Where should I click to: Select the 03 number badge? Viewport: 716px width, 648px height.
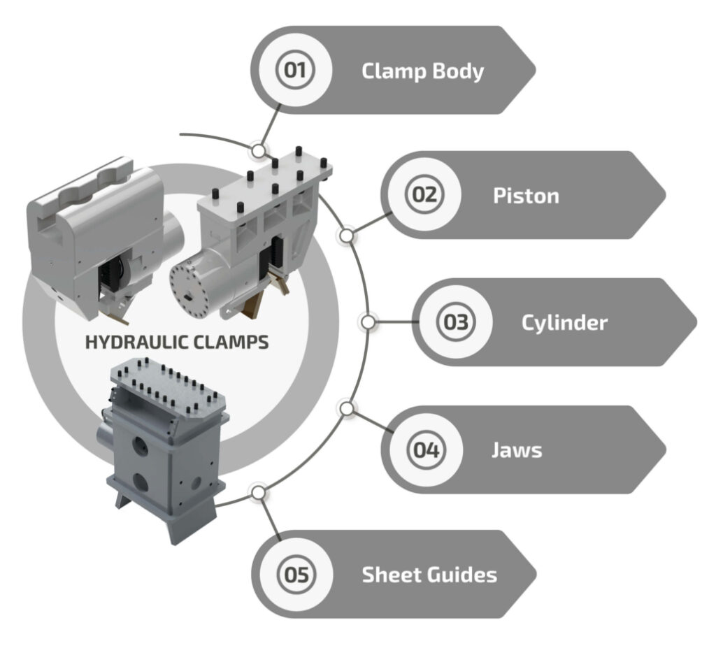pyautogui.click(x=455, y=322)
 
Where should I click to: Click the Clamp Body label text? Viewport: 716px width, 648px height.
pyautogui.click(x=422, y=71)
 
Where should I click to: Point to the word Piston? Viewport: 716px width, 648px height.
pyautogui.click(x=526, y=195)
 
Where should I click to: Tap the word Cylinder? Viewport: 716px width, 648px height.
pyautogui.click(x=564, y=322)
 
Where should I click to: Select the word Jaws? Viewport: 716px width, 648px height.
pyautogui.click(x=516, y=449)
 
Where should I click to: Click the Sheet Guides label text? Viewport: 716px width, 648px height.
pyautogui.click(x=429, y=575)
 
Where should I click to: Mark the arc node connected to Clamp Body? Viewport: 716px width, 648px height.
pyautogui.click(x=259, y=150)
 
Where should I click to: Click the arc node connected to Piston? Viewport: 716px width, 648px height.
pyautogui.click(x=345, y=236)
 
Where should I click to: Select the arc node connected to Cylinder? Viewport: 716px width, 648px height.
pyautogui.click(x=368, y=322)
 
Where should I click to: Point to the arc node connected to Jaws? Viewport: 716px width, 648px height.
pyautogui.click(x=345, y=408)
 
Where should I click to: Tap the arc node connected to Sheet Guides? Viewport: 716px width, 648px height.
pyautogui.click(x=259, y=493)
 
